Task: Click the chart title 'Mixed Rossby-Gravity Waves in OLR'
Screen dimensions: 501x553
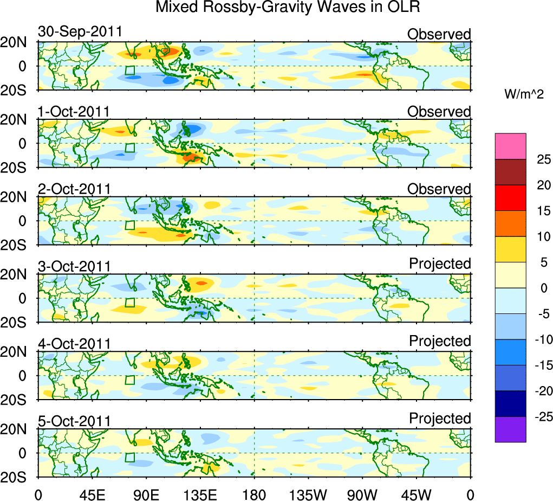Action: tap(288, 8)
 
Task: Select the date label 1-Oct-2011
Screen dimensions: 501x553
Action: tap(74, 112)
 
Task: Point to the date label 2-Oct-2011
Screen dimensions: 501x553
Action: tap(74, 189)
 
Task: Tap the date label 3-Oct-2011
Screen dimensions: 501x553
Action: tap(74, 267)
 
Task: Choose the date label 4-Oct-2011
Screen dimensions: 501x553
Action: tap(74, 344)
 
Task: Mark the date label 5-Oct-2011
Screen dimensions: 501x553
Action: tap(74, 421)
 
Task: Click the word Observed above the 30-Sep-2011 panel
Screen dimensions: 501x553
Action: tap(439, 34)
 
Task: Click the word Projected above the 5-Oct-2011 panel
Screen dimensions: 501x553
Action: tap(440, 419)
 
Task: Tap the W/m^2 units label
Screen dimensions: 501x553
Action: tap(523, 94)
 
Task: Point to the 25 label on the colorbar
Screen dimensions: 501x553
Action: tap(542, 159)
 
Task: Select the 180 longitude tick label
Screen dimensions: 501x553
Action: tap(254, 493)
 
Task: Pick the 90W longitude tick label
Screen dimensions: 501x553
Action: tap(362, 493)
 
